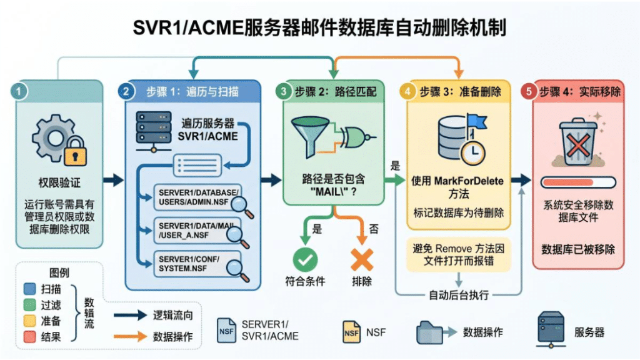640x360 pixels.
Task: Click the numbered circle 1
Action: coord(19,91)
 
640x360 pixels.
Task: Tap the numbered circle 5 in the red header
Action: coord(529,91)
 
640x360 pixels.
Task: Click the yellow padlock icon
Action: coord(75,152)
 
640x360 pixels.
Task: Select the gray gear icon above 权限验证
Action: coord(54,139)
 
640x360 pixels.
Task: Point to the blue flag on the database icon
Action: coord(477,121)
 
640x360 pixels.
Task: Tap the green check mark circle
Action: coord(305,259)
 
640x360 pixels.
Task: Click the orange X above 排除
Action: coord(362,259)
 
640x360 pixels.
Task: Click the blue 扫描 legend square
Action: coord(30,289)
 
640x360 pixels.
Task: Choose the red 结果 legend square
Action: coord(30,337)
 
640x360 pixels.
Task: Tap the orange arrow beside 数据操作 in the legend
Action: coord(130,336)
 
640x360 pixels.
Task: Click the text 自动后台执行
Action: coord(458,295)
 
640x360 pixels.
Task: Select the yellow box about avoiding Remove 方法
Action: coord(458,255)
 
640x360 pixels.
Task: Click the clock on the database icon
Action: coord(473,152)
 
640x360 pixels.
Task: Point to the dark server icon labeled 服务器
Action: coord(551,329)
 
